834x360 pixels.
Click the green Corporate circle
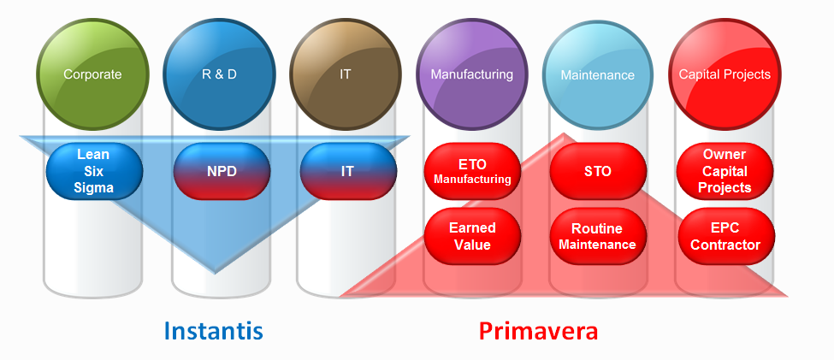pyautogui.click(x=93, y=74)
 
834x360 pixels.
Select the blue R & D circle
pyautogui.click(x=219, y=74)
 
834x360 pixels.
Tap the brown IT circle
pyautogui.click(x=346, y=74)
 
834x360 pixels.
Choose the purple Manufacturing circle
pyautogui.click(x=472, y=74)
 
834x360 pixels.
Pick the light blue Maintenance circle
pyautogui.click(x=598, y=74)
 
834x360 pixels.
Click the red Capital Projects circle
pyautogui.click(x=725, y=74)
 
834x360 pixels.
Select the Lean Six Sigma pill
pyautogui.click(x=94, y=171)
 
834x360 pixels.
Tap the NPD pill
pyautogui.click(x=222, y=171)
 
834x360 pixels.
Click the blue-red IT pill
pyautogui.click(x=348, y=171)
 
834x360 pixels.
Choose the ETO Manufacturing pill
pyautogui.click(x=472, y=171)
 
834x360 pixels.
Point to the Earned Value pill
pyautogui.click(x=472, y=236)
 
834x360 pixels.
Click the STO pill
pyautogui.click(x=599, y=171)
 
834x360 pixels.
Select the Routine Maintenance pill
pyautogui.click(x=599, y=236)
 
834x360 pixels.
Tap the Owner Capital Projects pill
pyautogui.click(x=725, y=171)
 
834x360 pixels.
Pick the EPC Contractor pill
pyautogui.click(x=726, y=236)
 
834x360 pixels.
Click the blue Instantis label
pyautogui.click(x=213, y=331)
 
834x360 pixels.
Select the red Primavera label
pyautogui.click(x=538, y=331)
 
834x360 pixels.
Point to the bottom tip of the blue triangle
pyautogui.click(x=215, y=274)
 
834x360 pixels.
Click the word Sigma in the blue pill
pyautogui.click(x=93, y=188)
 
